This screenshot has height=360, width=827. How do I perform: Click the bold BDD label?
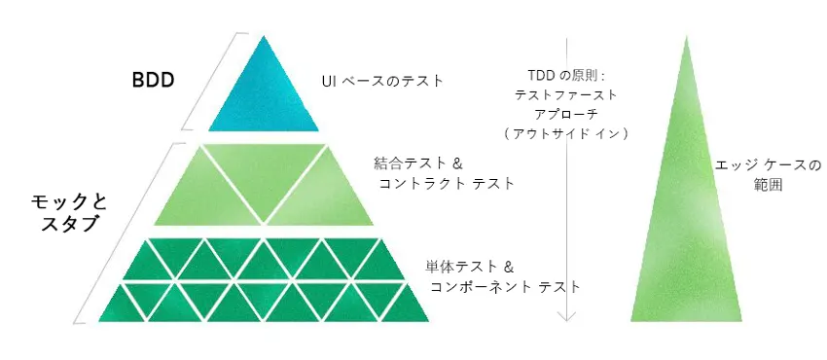153,81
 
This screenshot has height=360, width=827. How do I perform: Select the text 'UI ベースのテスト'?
382,81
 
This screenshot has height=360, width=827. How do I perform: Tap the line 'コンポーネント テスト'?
505,287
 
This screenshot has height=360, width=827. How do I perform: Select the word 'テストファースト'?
567,95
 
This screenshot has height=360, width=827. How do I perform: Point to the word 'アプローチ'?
567,114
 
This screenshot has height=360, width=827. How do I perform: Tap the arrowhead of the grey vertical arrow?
567,318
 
